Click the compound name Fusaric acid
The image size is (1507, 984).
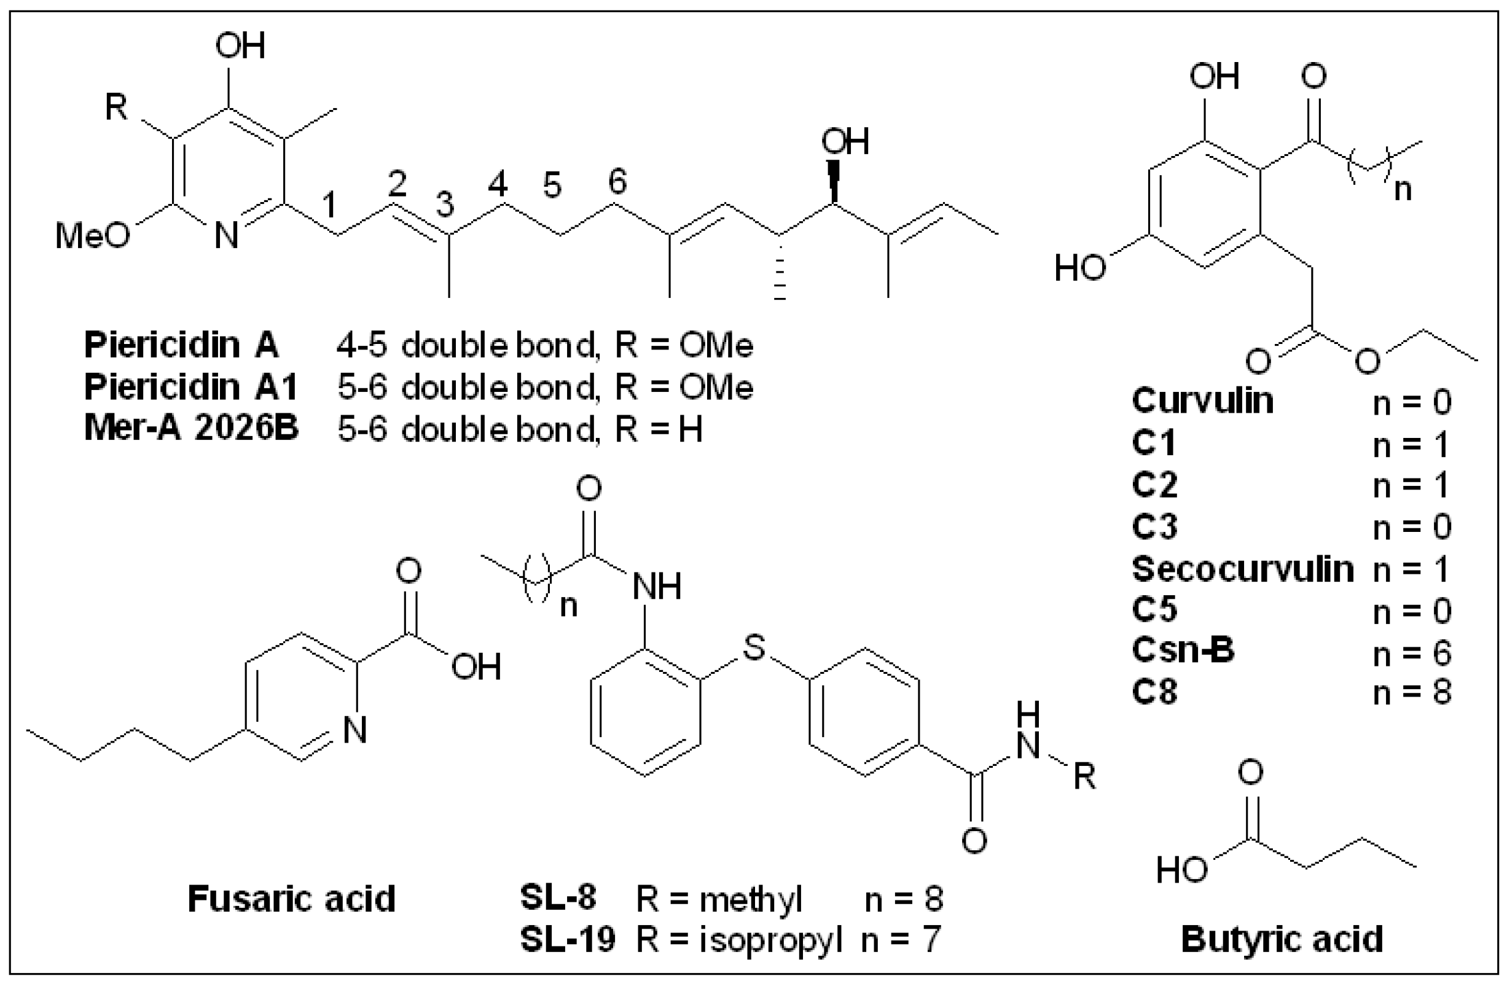291,899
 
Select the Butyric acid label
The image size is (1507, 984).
1282,940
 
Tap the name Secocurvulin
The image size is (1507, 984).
1242,569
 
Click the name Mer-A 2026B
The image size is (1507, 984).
191,429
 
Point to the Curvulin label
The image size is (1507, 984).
1202,401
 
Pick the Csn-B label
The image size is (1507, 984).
1183,651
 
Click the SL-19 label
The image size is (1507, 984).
567,940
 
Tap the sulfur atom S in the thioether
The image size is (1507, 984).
753,648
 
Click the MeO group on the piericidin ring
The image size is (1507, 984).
92,236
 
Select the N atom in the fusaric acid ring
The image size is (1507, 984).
354,730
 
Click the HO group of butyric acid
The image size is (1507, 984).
1181,870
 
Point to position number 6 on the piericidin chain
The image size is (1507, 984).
617,181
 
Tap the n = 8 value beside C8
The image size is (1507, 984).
1411,693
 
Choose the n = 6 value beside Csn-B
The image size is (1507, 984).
1411,652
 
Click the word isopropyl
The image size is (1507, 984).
770,941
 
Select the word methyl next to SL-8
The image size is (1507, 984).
751,899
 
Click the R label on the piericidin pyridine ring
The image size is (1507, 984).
117,107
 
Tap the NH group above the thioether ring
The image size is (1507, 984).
657,587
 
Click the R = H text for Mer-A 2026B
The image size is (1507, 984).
659,430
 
